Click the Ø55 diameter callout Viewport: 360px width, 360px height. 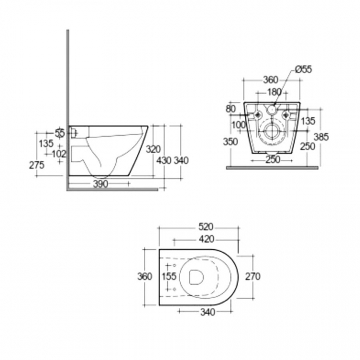[x=303, y=69]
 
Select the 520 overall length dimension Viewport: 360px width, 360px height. [x=207, y=227]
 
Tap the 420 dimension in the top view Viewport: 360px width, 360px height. [x=207, y=239]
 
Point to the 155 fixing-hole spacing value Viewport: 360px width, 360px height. [x=169, y=276]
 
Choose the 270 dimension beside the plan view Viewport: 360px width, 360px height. [x=253, y=276]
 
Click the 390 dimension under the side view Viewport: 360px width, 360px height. [x=100, y=183]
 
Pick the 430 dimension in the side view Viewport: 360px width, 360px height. [x=164, y=161]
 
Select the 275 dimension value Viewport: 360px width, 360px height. [x=37, y=164]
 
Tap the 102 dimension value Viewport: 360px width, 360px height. [x=60, y=153]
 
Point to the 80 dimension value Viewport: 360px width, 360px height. [x=230, y=109]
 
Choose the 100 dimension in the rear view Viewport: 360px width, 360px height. [x=239, y=125]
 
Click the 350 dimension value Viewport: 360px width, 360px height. [x=230, y=141]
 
